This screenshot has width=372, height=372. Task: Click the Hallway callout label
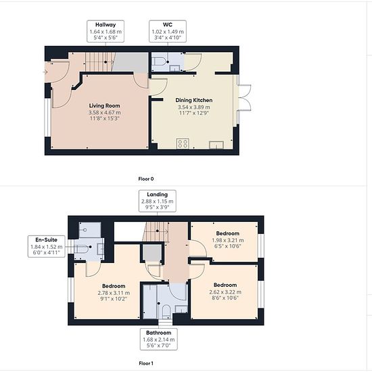tap(106, 31)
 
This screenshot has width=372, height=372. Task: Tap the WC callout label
tap(168, 31)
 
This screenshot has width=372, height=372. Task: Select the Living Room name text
tap(105, 106)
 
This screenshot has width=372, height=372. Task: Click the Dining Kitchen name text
tap(194, 100)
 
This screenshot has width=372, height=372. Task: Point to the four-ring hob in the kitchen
tap(183, 143)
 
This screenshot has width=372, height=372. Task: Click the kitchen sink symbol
tap(216, 145)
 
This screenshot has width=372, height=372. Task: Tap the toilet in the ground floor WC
tap(158, 62)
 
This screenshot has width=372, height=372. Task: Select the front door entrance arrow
tap(45, 72)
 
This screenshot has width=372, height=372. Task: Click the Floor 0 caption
tap(146, 179)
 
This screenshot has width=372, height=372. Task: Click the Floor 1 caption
tap(146, 363)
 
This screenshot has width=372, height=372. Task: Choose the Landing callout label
tap(158, 201)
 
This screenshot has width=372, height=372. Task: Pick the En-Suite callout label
tap(47, 246)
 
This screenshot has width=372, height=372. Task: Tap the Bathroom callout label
tap(158, 340)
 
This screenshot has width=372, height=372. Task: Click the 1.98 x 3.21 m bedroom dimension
tap(228, 240)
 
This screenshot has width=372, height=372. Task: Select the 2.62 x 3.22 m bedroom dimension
tap(225, 292)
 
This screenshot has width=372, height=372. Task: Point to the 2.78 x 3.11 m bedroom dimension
tap(114, 293)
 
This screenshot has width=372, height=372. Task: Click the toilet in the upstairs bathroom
tap(166, 311)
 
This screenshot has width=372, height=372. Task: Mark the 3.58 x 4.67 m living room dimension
tap(105, 112)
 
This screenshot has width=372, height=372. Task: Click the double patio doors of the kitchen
tap(244, 98)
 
